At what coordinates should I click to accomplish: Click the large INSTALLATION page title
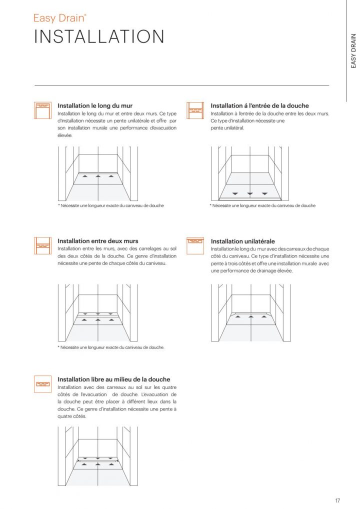tap(99, 37)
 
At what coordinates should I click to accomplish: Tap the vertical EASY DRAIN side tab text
tap(353, 51)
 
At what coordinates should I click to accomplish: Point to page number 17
tap(337, 499)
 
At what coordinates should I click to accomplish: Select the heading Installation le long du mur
tap(95, 106)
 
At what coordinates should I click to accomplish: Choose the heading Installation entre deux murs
tap(98, 241)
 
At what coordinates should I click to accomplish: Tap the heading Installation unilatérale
tap(243, 241)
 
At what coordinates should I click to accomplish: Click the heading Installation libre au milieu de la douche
tap(114, 379)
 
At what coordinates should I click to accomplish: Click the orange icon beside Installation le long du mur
tap(43, 109)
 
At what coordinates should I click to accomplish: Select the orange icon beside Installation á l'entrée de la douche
tap(195, 109)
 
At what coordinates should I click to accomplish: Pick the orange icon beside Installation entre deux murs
tap(43, 244)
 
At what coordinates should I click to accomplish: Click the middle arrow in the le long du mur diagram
tap(98, 176)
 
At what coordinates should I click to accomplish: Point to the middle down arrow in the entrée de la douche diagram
tap(250, 193)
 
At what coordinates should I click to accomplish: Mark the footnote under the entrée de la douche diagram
tap(262, 205)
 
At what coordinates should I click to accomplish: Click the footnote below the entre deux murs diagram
tap(111, 347)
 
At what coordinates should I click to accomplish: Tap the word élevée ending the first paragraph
tap(65, 135)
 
